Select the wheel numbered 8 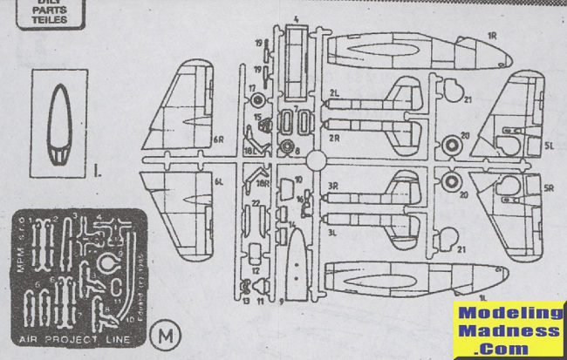[287, 146]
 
